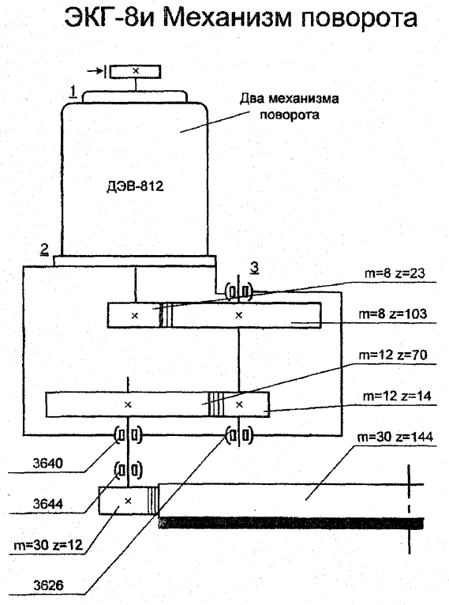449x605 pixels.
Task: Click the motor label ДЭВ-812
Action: pos(135,186)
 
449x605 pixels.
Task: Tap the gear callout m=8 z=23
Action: pos(395,273)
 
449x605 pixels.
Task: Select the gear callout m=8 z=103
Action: pos(393,314)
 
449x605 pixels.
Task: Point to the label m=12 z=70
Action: pos(393,355)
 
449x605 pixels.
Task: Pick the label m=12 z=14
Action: pos(397,396)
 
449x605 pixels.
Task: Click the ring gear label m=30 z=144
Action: pos(395,437)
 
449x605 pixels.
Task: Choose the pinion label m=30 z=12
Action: pos(48,545)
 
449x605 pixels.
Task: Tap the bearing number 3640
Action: pos(48,463)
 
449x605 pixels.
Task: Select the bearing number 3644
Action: pos(48,504)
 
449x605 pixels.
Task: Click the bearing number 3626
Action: pos(48,586)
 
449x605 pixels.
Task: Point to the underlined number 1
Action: pos(73,92)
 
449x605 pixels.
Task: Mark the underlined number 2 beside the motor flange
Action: pos(45,250)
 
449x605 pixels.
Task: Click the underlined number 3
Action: pos(254,268)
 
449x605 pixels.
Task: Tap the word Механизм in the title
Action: pos(227,17)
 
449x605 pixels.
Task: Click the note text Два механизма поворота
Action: pos(290,107)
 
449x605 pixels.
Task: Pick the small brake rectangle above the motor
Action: pos(135,72)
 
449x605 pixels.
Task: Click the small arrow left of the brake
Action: pos(95,71)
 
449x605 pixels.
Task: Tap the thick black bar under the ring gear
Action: pos(291,523)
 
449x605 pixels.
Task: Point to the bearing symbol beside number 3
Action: pos(239,291)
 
